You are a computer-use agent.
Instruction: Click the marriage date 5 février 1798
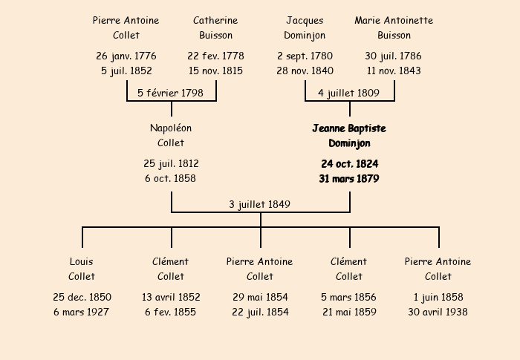coord(170,93)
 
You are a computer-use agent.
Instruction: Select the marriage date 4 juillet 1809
coord(348,93)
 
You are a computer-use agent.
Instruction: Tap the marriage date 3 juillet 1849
coord(260,204)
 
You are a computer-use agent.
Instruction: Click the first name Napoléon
coord(171,128)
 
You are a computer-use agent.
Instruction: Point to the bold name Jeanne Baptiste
coord(349,128)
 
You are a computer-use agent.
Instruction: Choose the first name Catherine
coord(215,21)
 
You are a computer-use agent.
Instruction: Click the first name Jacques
coord(305,21)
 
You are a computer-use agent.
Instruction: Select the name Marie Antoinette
coord(394,21)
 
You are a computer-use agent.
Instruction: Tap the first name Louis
coord(82,261)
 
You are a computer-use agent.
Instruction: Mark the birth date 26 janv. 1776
coord(126,56)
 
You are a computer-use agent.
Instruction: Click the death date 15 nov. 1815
coord(215,71)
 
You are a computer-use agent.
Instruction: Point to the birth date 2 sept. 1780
coord(305,56)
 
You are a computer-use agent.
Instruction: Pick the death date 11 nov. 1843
coord(394,71)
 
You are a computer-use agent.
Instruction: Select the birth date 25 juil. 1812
coord(171,163)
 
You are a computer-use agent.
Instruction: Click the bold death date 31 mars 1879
coord(349,179)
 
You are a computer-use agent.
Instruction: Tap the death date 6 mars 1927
coord(81,312)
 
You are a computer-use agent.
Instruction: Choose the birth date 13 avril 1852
coord(171,297)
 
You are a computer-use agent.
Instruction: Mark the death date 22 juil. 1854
coord(260,312)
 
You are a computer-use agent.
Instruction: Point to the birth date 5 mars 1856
coord(348,297)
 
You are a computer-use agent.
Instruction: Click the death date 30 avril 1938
coord(438,312)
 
